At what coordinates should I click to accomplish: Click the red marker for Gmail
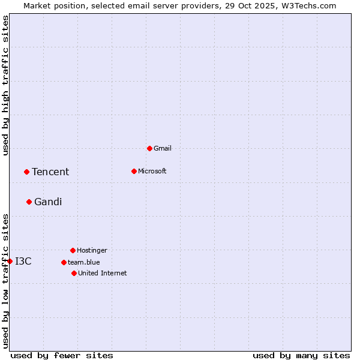pos(149,148)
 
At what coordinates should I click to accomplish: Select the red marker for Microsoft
pos(134,171)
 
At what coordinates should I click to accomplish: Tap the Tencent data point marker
pos(26,172)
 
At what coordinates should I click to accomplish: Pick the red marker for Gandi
pos(29,202)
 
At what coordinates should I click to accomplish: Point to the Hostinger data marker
pos(73,250)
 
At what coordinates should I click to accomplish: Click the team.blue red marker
pos(64,262)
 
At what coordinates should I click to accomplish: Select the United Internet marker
pos(74,273)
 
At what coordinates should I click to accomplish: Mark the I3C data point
pos(10,261)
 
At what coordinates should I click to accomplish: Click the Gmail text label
pos(163,148)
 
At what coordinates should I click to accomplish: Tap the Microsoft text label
pos(152,171)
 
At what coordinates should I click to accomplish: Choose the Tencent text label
pos(50,172)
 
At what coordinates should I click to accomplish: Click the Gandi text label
pos(48,202)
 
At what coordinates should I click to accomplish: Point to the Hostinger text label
pos(92,250)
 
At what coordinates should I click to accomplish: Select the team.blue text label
pos(84,262)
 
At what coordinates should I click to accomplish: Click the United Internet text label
pos(103,273)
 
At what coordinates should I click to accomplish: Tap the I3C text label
pos(23,262)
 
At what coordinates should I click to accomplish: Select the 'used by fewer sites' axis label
pos(62,355)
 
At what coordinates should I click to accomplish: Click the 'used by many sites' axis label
pos(301,355)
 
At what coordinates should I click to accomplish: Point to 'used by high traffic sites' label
pos(5,86)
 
